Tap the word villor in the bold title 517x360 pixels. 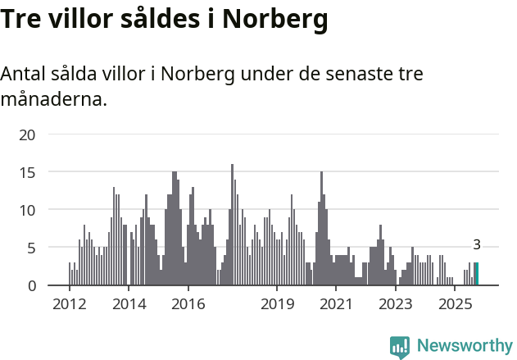86,19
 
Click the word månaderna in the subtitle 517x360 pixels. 53,100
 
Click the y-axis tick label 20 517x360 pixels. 27,134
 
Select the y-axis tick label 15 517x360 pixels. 27,172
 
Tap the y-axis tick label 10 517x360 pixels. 27,210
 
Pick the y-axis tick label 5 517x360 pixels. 31,248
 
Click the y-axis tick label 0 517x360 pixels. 31,285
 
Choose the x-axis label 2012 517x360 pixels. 69,304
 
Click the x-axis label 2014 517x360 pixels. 129,304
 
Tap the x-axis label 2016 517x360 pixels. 188,304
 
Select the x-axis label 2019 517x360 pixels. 277,304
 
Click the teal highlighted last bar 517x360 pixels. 477,274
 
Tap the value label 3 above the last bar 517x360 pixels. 477,244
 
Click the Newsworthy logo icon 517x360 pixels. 400,347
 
